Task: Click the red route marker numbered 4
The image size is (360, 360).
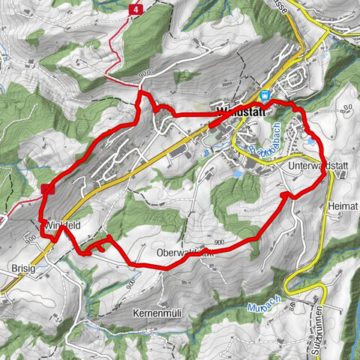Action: pyautogui.click(x=136, y=9)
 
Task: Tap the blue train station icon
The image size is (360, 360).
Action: pyautogui.click(x=265, y=95)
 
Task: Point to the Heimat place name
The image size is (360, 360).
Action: pyautogui.click(x=341, y=203)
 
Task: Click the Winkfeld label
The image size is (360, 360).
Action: pyautogui.click(x=61, y=226)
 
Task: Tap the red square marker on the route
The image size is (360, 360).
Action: pyautogui.click(x=46, y=189)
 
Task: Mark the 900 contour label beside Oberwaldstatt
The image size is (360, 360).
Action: pyautogui.click(x=218, y=243)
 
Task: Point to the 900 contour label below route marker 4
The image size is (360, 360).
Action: pyautogui.click(x=144, y=73)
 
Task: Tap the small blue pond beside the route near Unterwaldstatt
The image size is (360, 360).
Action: pyautogui.click(x=310, y=139)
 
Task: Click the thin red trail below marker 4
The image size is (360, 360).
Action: pyautogui.click(x=119, y=56)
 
